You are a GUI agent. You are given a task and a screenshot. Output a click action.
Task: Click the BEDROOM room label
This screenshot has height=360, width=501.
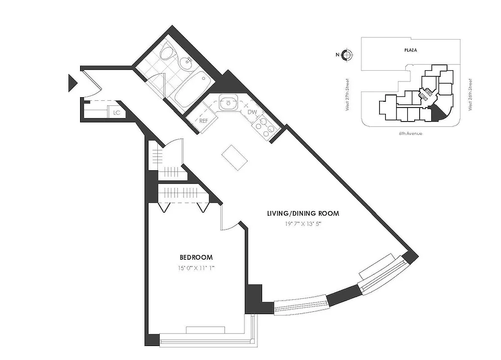[x=196, y=257]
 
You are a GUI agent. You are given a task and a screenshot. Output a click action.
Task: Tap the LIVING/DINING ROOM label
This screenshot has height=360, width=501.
[x=303, y=213]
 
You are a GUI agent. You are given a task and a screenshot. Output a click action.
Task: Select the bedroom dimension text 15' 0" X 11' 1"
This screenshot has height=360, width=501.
[x=196, y=268]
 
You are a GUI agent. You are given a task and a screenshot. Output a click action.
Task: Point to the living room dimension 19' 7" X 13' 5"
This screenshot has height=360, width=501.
[x=302, y=224]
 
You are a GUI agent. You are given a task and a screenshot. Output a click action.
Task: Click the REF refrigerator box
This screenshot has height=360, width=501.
[x=204, y=121]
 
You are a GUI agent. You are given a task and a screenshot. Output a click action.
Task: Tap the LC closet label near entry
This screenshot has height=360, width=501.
[x=117, y=112]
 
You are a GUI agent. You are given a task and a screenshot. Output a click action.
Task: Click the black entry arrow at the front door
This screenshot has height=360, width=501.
[x=72, y=83]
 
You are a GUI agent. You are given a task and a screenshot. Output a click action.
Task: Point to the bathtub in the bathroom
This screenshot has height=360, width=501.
[x=192, y=89]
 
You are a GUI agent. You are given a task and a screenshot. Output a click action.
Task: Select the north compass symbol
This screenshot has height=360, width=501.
[x=346, y=55]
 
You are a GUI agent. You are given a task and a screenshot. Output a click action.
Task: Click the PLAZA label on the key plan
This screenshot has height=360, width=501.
[x=410, y=50]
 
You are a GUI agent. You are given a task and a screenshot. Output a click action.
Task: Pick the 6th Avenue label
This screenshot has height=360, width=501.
[x=411, y=134]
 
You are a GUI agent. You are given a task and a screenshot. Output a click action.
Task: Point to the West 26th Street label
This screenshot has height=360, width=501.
[x=470, y=95]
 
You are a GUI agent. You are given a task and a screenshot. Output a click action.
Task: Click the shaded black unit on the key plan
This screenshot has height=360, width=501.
[x=437, y=114]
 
